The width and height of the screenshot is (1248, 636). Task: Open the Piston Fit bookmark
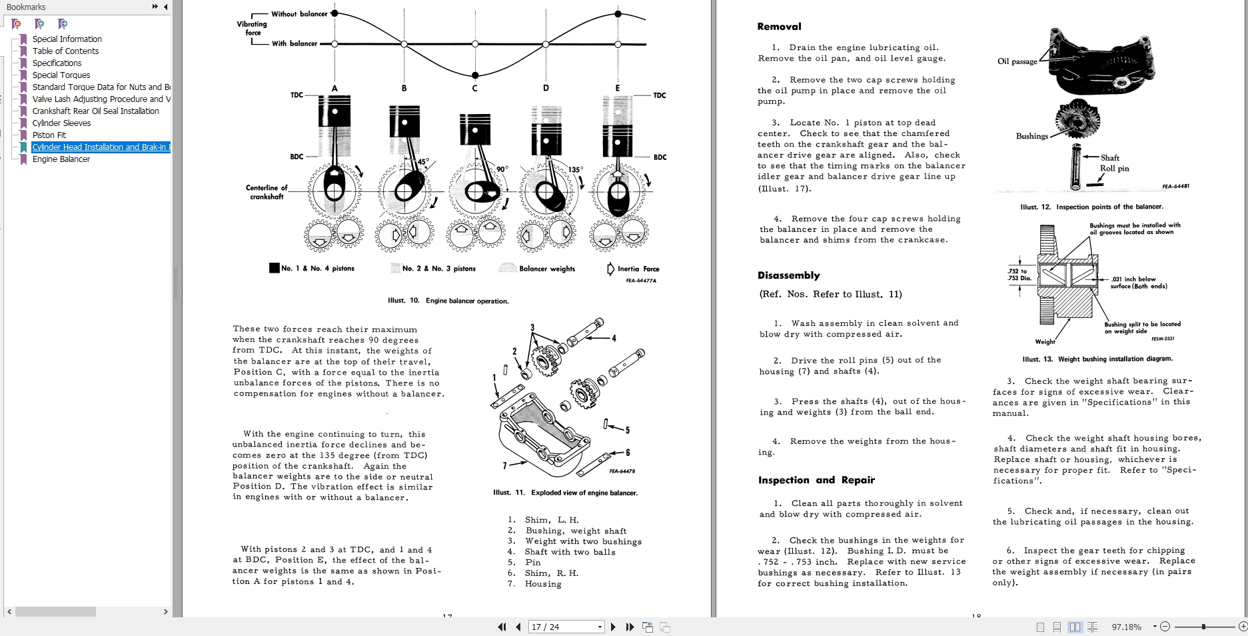tap(49, 135)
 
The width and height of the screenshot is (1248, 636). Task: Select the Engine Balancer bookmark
tap(61, 159)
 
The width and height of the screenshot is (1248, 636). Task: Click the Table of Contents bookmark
tap(65, 51)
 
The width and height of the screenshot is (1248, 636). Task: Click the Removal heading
tap(779, 27)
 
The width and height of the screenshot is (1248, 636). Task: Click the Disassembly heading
tap(788, 275)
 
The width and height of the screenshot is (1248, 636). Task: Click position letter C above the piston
tap(475, 88)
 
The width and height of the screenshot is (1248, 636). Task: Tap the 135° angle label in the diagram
tap(574, 169)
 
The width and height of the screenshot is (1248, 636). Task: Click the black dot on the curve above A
tap(334, 13)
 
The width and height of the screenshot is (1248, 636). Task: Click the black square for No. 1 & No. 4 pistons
tap(274, 268)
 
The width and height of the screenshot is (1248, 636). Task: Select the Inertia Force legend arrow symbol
tap(610, 269)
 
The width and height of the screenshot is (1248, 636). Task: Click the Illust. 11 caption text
tap(565, 493)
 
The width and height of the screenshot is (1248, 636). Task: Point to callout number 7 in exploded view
tap(504, 465)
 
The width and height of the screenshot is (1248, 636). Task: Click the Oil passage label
tap(1017, 61)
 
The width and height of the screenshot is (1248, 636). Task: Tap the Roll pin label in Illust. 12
tap(1114, 169)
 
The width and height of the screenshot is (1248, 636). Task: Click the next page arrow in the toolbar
tap(614, 627)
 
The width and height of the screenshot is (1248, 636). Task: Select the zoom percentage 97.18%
tap(1126, 627)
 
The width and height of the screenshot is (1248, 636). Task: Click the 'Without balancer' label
tap(299, 14)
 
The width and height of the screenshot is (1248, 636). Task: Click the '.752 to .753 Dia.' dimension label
tap(1017, 275)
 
